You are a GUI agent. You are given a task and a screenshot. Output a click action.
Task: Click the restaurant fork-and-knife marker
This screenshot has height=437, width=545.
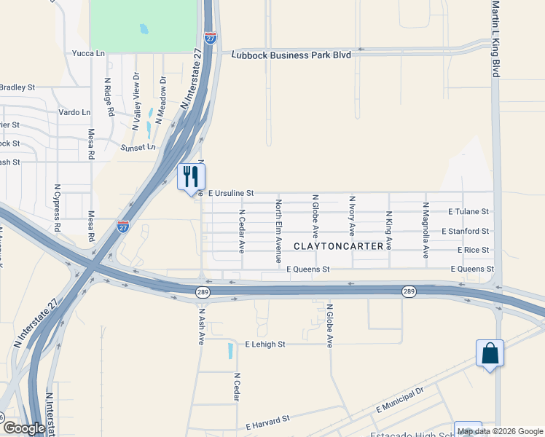pos(192,177)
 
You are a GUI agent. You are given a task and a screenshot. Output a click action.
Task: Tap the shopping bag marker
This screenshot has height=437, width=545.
pos(490,353)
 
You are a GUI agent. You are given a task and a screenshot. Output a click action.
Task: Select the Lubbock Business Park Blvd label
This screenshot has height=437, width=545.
pos(291,55)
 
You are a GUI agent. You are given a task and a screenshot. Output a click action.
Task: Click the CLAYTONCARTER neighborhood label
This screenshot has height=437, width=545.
pos(338,246)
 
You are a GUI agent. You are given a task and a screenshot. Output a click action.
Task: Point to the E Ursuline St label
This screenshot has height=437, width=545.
pos(231,193)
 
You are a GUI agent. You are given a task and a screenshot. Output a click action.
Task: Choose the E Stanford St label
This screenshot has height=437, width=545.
pos(466,231)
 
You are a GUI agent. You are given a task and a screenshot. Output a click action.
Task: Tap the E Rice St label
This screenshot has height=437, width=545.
pos(474,250)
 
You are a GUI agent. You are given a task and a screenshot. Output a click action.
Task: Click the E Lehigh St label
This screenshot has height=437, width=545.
pos(265,344)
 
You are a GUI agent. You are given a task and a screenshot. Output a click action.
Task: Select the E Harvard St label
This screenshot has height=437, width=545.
pos(268,422)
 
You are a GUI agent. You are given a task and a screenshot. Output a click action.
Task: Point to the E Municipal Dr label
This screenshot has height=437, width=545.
pos(400,400)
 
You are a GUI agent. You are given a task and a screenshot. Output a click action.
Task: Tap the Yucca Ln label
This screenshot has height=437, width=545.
pos(88,53)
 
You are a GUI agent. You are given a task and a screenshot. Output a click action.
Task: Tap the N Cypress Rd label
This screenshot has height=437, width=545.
pos(57,206)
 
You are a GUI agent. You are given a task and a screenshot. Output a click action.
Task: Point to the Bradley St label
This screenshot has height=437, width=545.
pos(17,87)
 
